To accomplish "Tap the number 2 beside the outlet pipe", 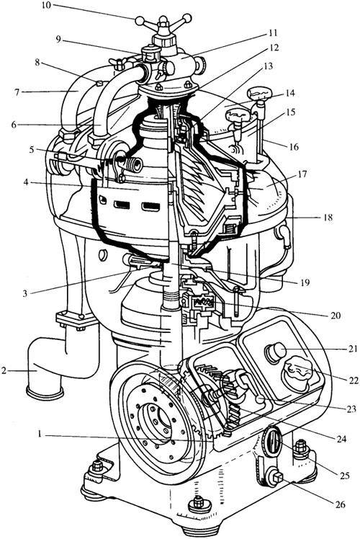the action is point(4,371).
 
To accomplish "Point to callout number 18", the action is point(328,217).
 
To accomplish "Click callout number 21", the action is point(352,349).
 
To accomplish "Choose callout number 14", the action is point(290,93).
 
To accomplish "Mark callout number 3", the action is point(24,293).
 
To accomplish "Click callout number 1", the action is point(40,435).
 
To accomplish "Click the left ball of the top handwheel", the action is point(140,22).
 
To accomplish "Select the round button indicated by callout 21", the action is point(275,352).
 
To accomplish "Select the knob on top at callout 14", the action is point(259,92).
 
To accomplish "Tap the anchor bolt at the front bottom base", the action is point(198,502).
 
